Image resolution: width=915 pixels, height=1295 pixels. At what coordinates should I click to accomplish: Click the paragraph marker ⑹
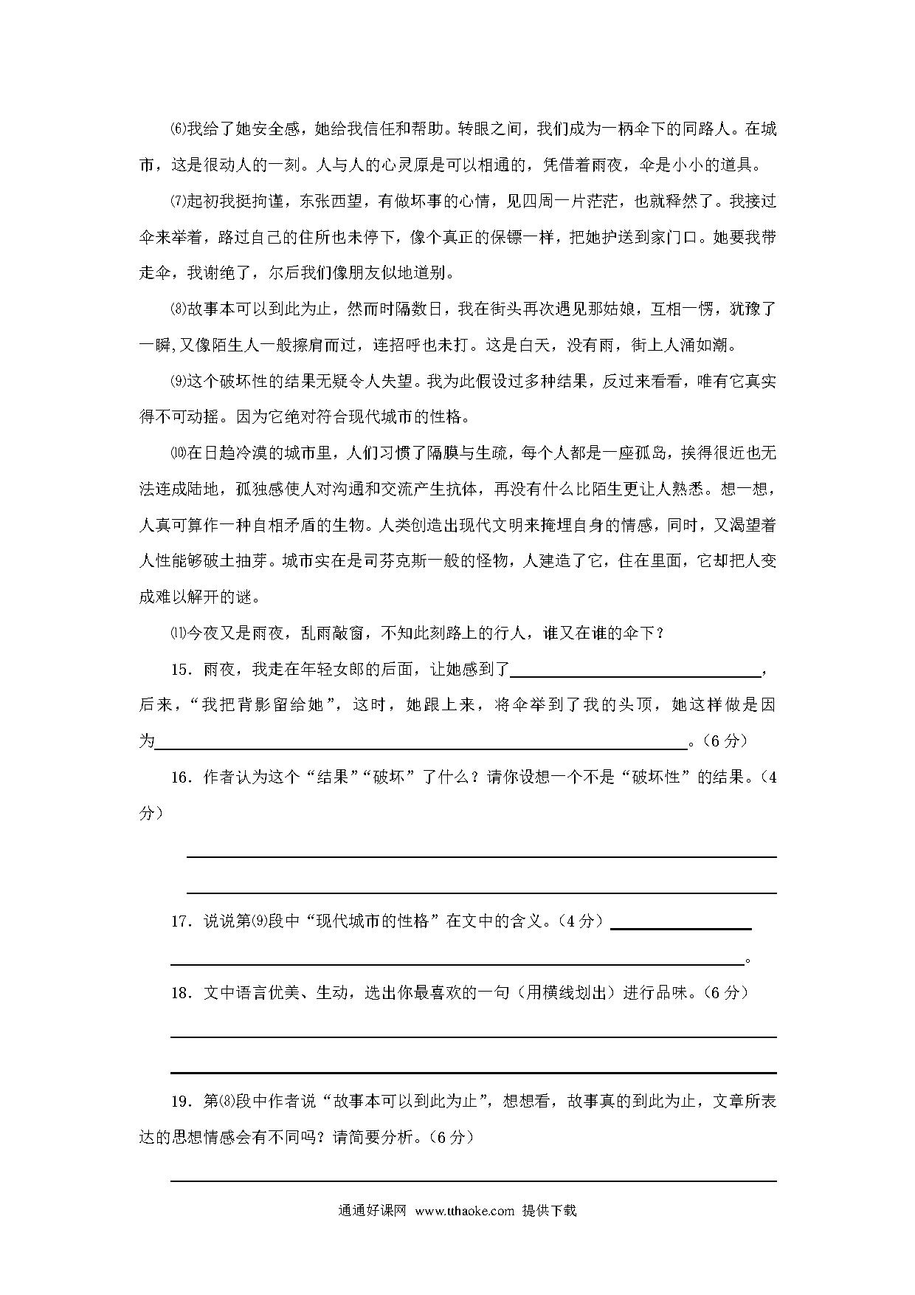pos(177,129)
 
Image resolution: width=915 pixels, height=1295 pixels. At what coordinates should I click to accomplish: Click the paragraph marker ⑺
pos(177,202)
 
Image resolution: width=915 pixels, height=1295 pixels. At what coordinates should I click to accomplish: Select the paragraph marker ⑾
pos(177,633)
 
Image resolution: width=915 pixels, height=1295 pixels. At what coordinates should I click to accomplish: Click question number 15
pos(181,670)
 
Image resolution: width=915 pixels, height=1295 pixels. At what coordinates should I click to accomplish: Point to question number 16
pos(181,777)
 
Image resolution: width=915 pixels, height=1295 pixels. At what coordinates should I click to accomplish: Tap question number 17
pos(181,921)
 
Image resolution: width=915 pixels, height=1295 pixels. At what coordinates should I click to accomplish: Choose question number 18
pos(181,993)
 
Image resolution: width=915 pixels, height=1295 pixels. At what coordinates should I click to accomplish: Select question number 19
pos(181,1102)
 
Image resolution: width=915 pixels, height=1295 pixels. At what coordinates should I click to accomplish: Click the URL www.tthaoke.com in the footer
pos(464,1211)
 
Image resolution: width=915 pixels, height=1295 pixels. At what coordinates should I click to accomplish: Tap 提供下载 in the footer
pos(549,1211)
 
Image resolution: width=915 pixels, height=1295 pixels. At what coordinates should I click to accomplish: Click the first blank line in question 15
pos(635,673)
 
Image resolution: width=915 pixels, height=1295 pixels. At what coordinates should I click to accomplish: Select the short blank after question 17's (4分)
pos(680,927)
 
